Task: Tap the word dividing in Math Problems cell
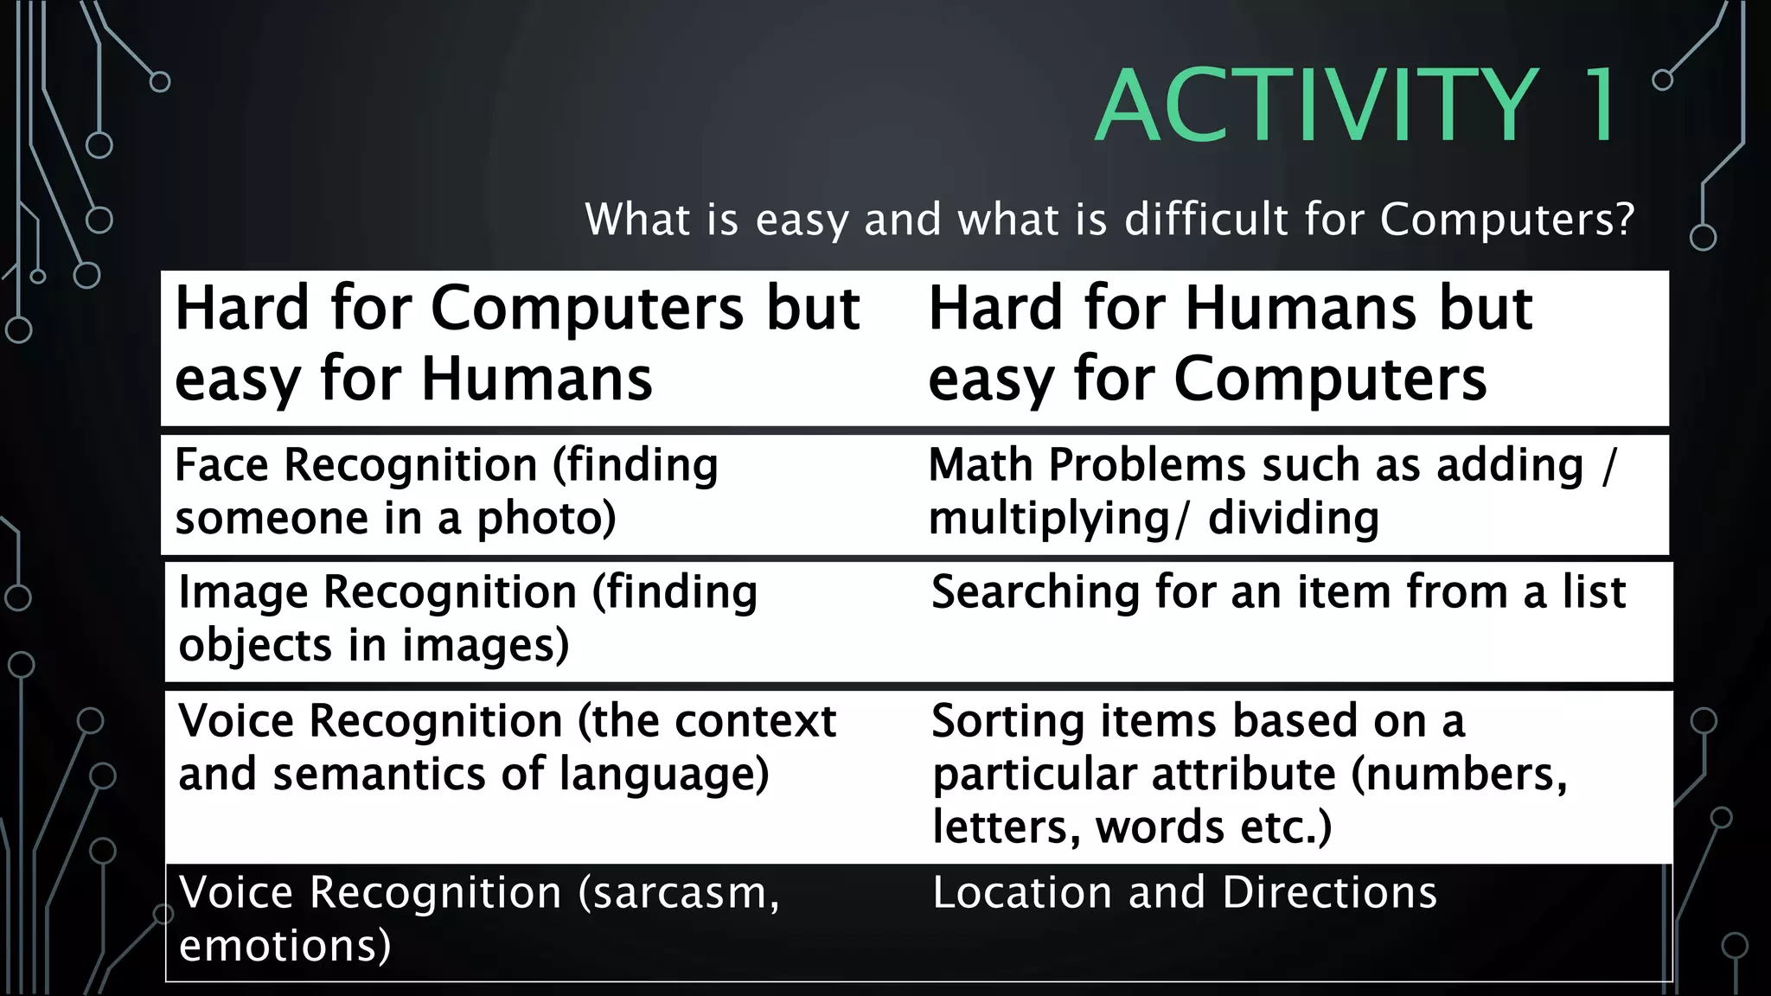click(x=1293, y=519)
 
